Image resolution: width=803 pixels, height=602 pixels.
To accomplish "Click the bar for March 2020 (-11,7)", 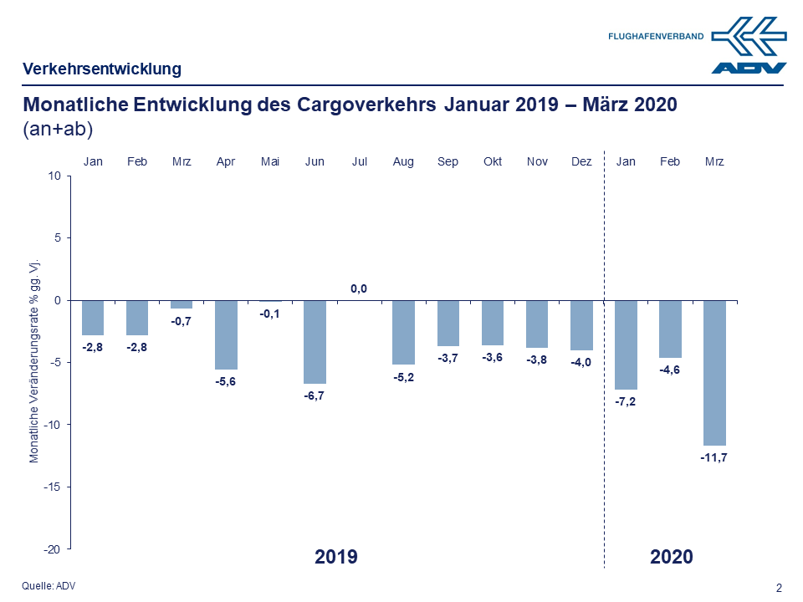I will tap(714, 372).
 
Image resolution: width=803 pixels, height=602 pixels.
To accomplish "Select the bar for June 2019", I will tap(315, 341).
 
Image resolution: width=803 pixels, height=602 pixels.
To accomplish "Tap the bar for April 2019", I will tap(226, 334).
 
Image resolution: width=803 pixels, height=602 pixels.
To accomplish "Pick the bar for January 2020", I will tap(626, 344).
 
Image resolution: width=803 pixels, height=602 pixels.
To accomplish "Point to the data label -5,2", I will tap(403, 377).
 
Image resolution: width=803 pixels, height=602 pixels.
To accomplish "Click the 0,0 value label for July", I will tap(359, 289).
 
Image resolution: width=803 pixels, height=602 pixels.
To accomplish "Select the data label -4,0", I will tap(581, 362).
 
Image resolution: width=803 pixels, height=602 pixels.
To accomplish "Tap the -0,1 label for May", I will tap(270, 314).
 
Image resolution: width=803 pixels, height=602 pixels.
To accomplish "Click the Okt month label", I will tap(493, 161).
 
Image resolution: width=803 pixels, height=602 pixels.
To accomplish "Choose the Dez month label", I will tap(581, 161).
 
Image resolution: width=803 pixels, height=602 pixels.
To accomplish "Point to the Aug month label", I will tap(403, 161).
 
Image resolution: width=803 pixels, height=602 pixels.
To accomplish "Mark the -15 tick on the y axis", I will tap(54, 487).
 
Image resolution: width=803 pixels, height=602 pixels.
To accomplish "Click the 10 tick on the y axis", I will tap(55, 176).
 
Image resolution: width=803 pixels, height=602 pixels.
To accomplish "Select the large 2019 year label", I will tap(336, 557).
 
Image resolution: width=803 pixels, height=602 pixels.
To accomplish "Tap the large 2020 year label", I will tap(672, 557).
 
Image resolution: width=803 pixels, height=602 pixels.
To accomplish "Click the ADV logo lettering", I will tap(749, 68).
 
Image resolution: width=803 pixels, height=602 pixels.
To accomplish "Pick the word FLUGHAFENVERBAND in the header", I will tap(655, 37).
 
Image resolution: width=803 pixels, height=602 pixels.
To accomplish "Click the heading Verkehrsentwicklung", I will tap(102, 69).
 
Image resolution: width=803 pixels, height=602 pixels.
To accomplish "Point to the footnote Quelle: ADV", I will tap(48, 586).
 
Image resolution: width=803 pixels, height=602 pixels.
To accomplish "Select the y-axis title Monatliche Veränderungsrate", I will tap(34, 360).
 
